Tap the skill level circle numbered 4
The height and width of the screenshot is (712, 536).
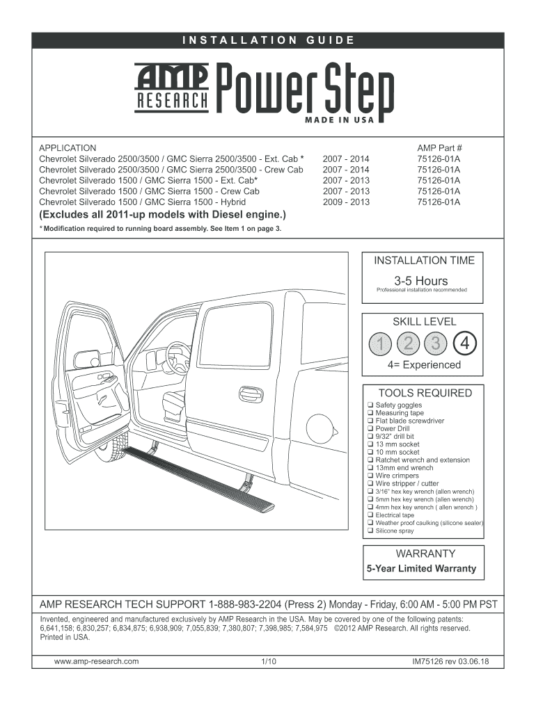pyautogui.click(x=464, y=343)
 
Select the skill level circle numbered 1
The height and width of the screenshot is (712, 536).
pyautogui.click(x=381, y=343)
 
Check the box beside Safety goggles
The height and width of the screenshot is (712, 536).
pyautogui.click(x=370, y=405)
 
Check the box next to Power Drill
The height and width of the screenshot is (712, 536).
pyautogui.click(x=370, y=428)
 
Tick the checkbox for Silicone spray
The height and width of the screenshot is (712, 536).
pyautogui.click(x=370, y=531)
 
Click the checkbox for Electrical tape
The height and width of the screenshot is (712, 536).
pyautogui.click(x=370, y=515)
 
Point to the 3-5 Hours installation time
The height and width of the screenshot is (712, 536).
pyautogui.click(x=420, y=281)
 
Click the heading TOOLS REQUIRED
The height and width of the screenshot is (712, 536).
pyautogui.click(x=425, y=393)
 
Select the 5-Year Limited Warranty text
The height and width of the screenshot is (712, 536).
pyautogui.click(x=422, y=568)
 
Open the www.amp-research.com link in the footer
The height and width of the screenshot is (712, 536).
pyautogui.click(x=97, y=661)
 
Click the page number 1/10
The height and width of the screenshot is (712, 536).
pyautogui.click(x=268, y=661)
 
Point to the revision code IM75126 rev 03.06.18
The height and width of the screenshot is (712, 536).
pyautogui.click(x=450, y=661)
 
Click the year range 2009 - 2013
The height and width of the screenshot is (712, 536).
pyautogui.click(x=346, y=202)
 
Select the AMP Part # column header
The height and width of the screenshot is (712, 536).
pyautogui.click(x=439, y=148)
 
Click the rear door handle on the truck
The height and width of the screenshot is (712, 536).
pyautogui.click(x=251, y=394)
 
